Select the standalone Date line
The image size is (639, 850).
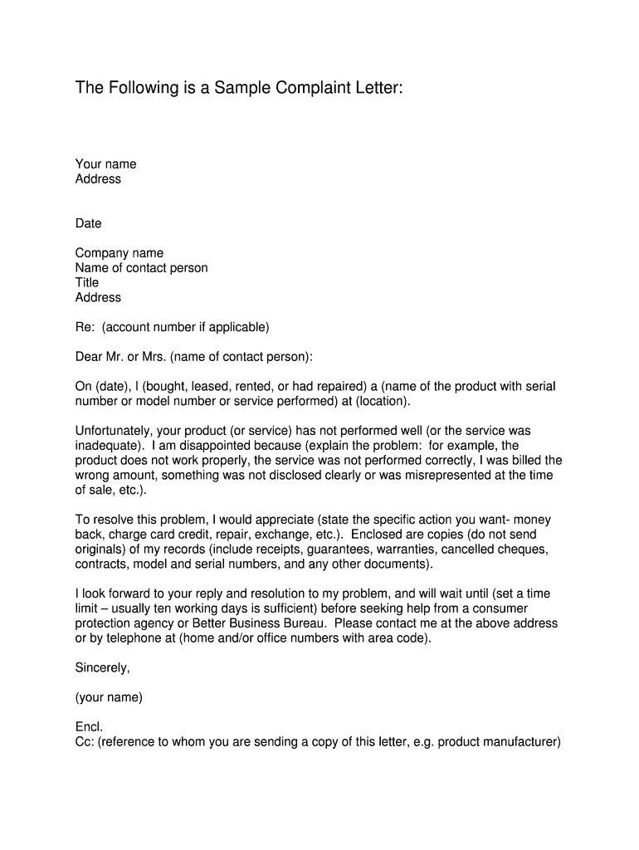pos(88,223)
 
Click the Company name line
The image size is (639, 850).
pos(119,253)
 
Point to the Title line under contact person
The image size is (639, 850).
pos(86,282)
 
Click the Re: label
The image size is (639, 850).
pos(85,327)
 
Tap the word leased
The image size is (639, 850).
pos(212,387)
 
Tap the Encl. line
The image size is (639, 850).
pos(89,727)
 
